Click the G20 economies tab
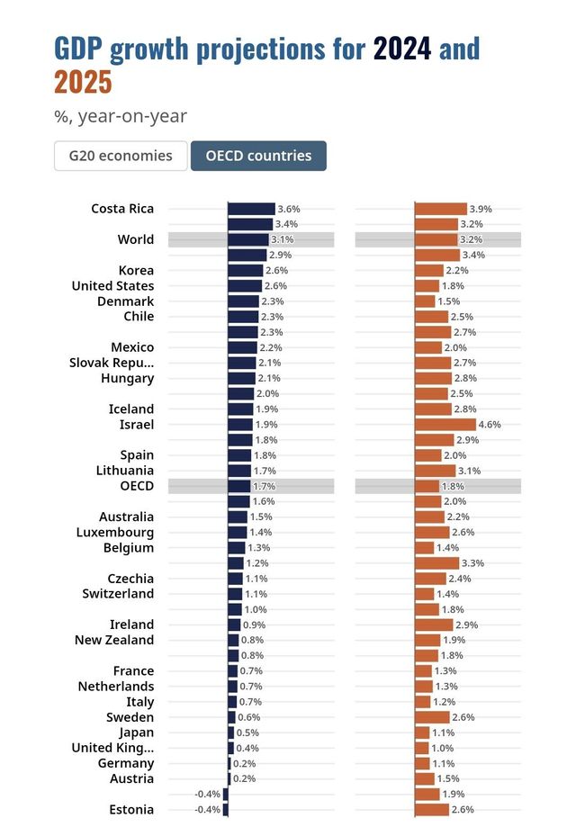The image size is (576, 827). coord(121,156)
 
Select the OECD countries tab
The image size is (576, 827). coord(258,156)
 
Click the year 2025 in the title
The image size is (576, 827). coord(83,82)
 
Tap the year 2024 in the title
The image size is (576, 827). coord(403,48)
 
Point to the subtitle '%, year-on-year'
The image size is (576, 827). coord(121,116)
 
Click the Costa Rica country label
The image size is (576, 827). coord(122,209)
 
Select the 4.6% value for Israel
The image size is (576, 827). coord(490,425)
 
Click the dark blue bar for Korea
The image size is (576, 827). coord(245,271)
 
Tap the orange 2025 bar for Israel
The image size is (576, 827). coord(445,425)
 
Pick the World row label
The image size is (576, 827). coord(136,239)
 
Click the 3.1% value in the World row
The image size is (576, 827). coord(283,240)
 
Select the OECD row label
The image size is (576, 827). coord(137,486)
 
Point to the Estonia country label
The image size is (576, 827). coord(131,810)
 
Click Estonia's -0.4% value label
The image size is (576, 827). coord(207,810)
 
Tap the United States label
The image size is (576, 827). coord(112,286)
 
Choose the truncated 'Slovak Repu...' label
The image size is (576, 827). coord(112,363)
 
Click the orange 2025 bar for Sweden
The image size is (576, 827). coord(432,717)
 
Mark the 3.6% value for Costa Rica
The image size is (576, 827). coord(289,209)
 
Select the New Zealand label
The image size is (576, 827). coord(114,640)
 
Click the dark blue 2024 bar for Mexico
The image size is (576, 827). coord(242,347)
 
